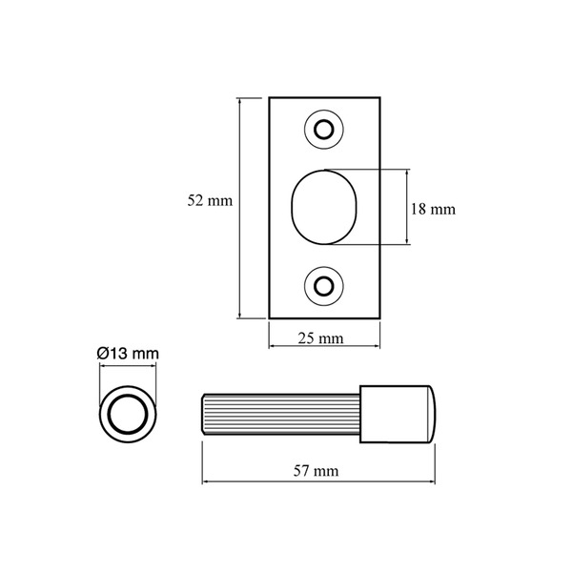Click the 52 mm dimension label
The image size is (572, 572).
point(210,201)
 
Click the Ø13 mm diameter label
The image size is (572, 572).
point(127,354)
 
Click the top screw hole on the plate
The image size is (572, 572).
point(324,129)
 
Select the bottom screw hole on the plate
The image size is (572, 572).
point(324,285)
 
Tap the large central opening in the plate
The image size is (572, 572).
point(323,207)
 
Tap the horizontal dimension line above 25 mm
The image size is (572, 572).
point(324,326)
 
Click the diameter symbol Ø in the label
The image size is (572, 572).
point(103,354)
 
